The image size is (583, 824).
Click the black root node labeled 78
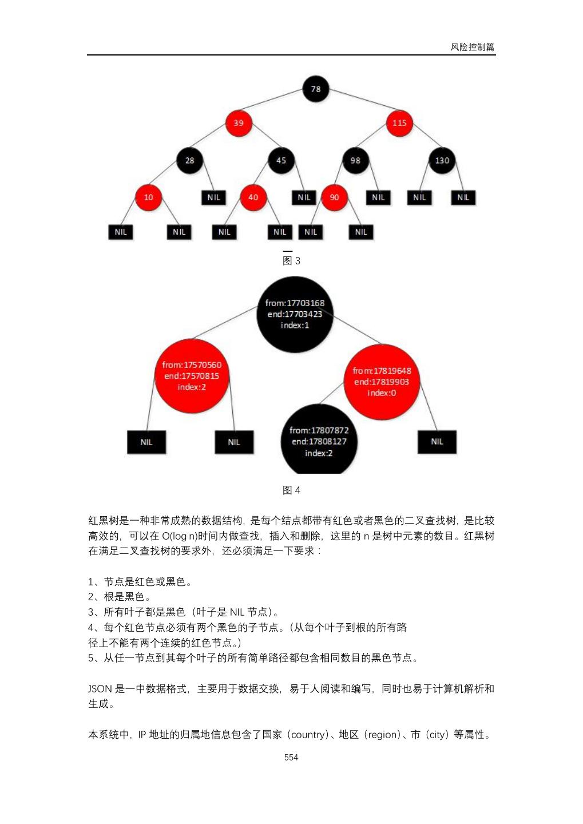tap(315, 89)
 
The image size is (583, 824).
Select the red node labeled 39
tap(239, 122)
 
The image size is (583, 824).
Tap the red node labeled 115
tap(399, 122)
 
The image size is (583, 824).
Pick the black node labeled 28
tap(189, 160)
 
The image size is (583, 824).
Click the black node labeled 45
tap(281, 160)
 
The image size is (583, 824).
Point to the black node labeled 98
tap(355, 160)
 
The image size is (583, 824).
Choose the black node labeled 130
tap(442, 160)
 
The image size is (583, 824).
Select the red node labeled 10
tap(148, 197)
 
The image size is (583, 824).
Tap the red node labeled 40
tap(253, 197)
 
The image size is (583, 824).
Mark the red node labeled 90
tap(334, 197)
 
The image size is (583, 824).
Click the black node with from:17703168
tap(295, 314)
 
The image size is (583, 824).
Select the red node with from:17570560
tap(192, 376)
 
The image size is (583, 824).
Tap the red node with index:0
tap(382, 382)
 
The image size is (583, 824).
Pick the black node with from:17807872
tap(319, 441)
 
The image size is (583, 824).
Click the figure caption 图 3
tap(291, 261)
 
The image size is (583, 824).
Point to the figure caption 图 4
tap(291, 490)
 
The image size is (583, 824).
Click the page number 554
tap(291, 757)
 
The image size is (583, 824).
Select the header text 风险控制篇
tap(472, 47)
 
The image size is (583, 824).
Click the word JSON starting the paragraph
tap(100, 689)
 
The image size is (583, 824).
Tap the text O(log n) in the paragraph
tap(180, 536)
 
